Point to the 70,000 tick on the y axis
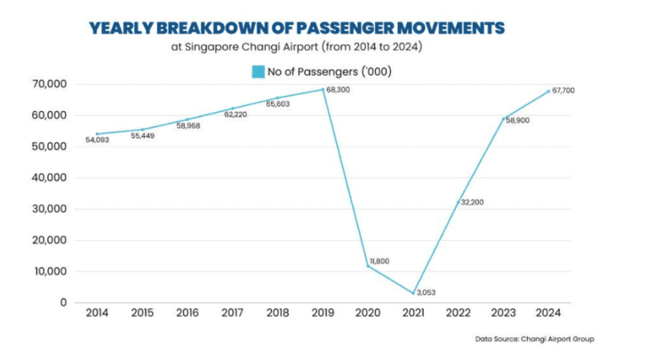(51, 84)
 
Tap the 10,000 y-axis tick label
(51, 272)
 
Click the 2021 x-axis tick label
(414, 314)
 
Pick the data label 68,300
(339, 90)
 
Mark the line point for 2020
(369, 266)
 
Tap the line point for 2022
(459, 202)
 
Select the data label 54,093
(98, 140)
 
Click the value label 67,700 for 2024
(564, 91)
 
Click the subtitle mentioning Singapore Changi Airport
(297, 47)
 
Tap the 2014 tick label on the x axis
(97, 314)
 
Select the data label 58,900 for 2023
(516, 119)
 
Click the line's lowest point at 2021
(414, 292)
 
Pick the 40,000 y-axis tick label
(51, 178)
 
